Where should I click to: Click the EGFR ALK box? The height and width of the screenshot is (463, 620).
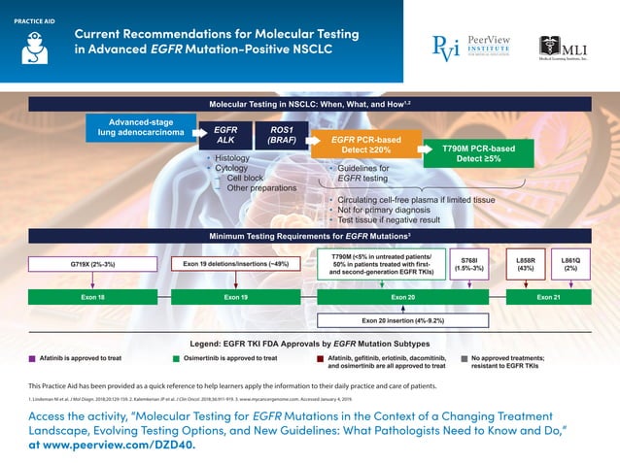[x=226, y=135]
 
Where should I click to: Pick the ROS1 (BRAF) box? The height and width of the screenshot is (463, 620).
[x=281, y=135]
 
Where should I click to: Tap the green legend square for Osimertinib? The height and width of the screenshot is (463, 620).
[x=176, y=358]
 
